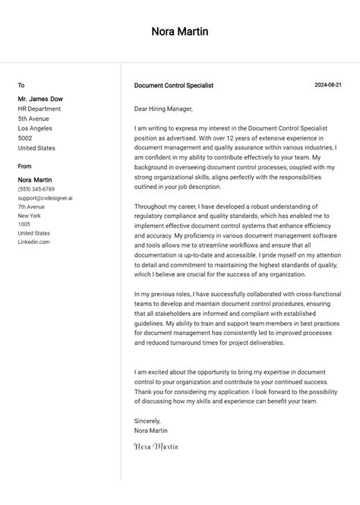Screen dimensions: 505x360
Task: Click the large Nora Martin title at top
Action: tap(180, 32)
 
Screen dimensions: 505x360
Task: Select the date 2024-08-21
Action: tap(328, 85)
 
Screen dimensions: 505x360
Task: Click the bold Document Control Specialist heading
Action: tap(173, 86)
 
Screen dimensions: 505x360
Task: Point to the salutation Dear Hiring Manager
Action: tap(163, 109)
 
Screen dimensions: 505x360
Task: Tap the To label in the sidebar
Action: tap(21, 86)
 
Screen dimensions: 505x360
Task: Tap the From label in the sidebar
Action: tap(25, 166)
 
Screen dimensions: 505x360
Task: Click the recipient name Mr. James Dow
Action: tap(40, 99)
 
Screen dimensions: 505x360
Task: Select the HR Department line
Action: tap(39, 109)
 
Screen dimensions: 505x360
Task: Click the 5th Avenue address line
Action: tap(33, 118)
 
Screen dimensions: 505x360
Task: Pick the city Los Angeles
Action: tap(36, 128)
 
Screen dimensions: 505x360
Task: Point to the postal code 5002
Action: tap(25, 138)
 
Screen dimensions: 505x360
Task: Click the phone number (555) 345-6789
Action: tap(36, 189)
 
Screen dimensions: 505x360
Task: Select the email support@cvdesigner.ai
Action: tap(46, 197)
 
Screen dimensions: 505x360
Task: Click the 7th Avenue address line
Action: tap(32, 207)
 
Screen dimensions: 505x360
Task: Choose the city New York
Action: tap(30, 216)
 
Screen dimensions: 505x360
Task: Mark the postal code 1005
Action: tap(24, 224)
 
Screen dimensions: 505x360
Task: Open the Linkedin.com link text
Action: tap(34, 242)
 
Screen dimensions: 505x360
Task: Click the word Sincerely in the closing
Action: tap(147, 421)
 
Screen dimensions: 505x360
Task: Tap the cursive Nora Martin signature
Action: tap(156, 447)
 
